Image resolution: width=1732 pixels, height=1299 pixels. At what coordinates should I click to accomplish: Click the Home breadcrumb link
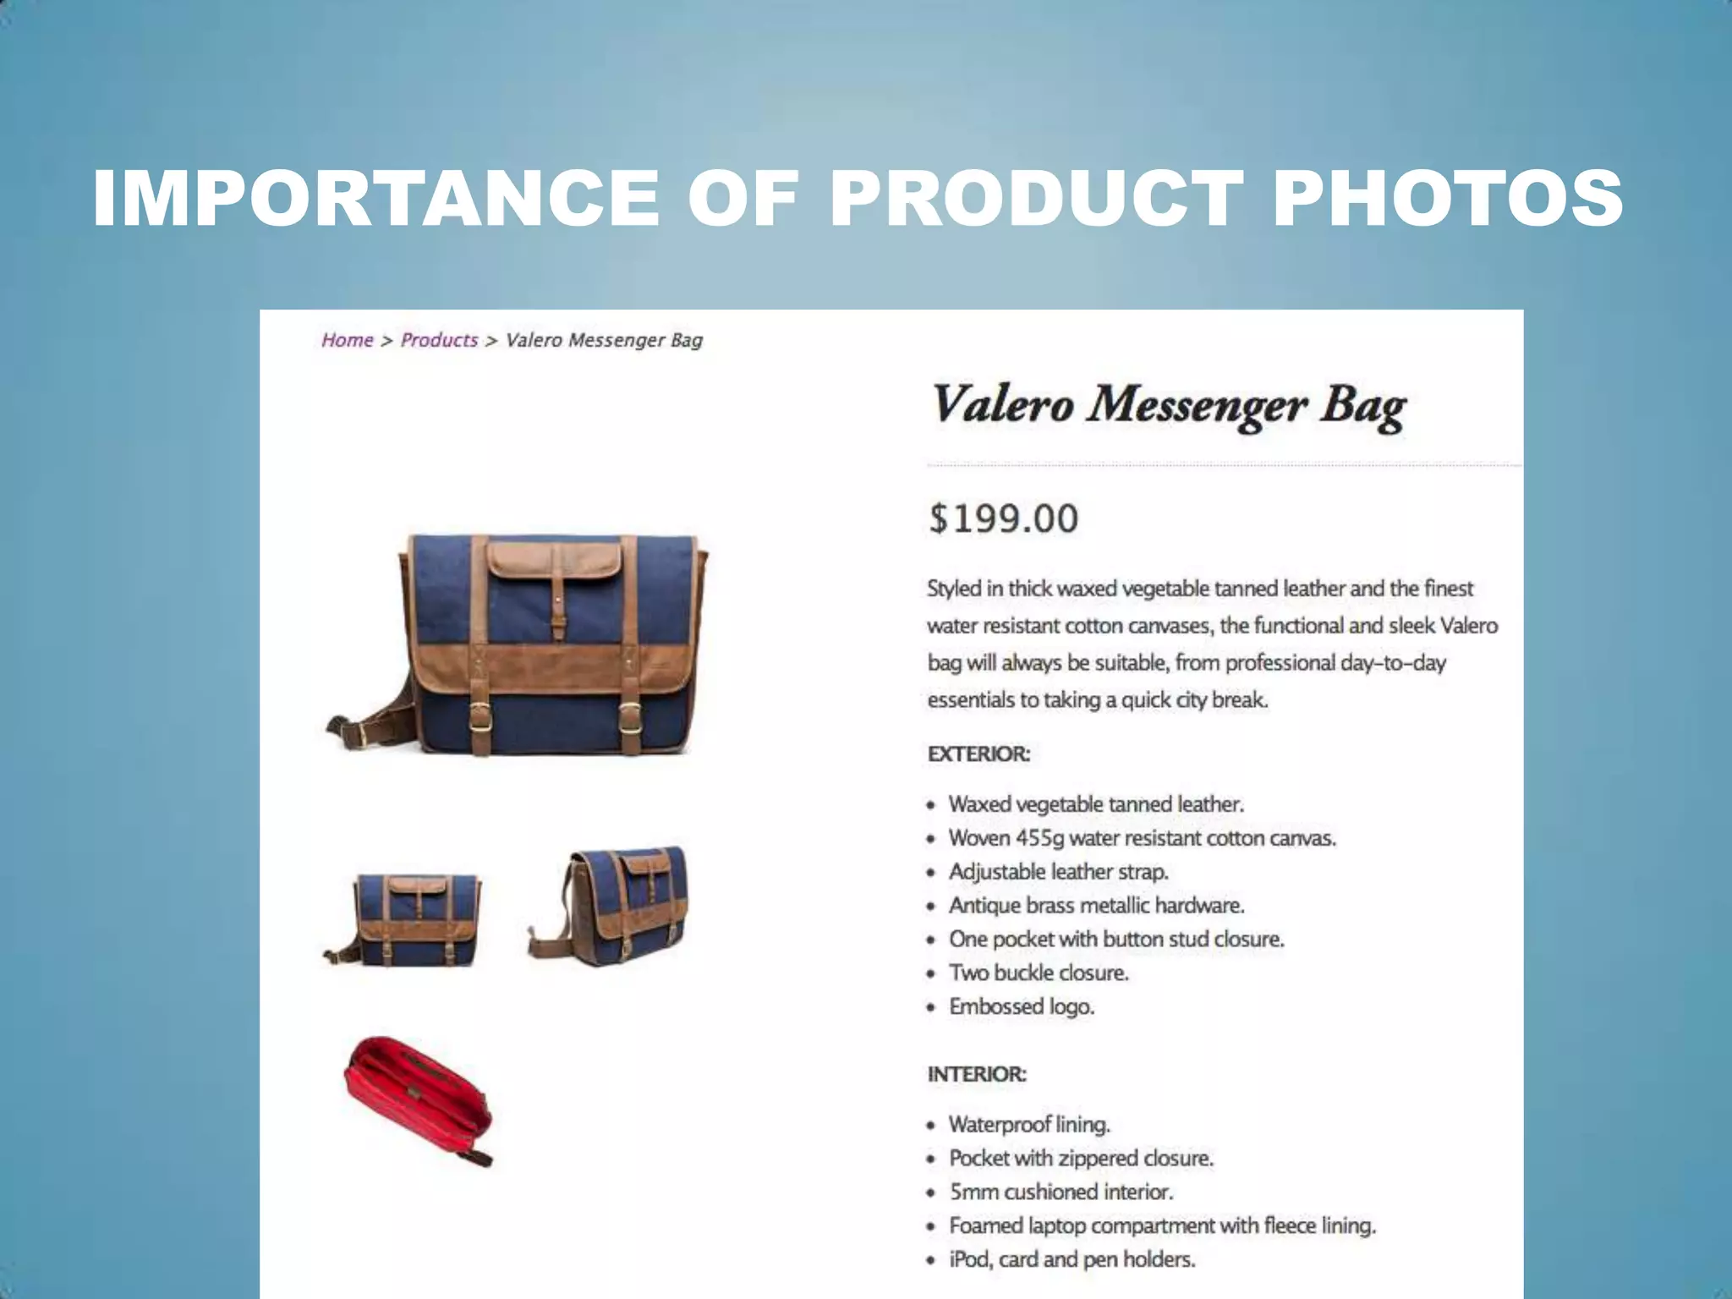click(347, 340)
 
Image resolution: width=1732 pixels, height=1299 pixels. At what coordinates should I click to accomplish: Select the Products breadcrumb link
click(439, 340)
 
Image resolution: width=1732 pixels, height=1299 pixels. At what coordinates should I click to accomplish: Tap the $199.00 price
click(1003, 518)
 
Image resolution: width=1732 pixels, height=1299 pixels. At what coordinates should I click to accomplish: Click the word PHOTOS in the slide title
click(1447, 199)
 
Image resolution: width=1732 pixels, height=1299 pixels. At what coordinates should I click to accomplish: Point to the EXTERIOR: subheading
click(978, 754)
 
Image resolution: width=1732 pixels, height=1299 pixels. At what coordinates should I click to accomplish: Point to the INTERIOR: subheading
click(977, 1074)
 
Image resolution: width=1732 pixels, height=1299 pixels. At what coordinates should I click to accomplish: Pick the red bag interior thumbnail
click(418, 1101)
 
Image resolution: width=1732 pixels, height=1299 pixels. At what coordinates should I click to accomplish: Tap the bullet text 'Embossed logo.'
click(1022, 1006)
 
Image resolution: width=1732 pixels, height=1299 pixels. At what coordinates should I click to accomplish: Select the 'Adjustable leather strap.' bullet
click(1058, 871)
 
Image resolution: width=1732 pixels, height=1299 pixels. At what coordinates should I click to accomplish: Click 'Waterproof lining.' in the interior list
click(1029, 1124)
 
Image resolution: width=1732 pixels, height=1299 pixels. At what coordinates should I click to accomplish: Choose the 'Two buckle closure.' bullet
click(1039, 973)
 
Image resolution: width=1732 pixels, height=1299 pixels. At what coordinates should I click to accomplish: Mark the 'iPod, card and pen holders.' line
click(1072, 1259)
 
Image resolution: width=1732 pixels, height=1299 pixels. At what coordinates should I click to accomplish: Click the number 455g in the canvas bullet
click(1039, 838)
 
